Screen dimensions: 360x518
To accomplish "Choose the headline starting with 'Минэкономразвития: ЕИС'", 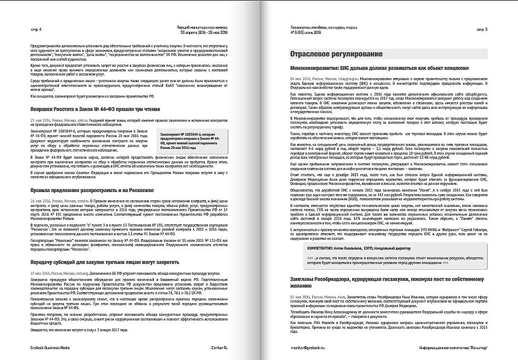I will (378, 69).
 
